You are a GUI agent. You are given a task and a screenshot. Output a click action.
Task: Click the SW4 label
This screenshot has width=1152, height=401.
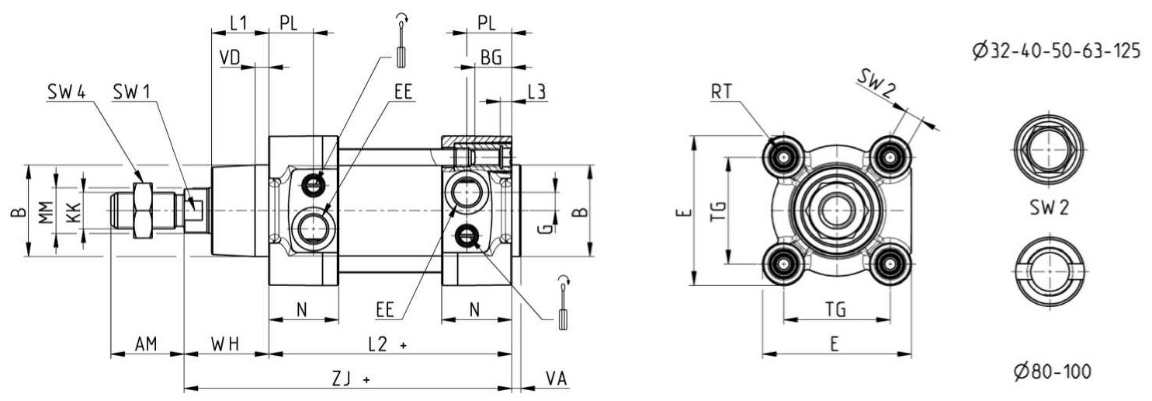pyautogui.click(x=66, y=92)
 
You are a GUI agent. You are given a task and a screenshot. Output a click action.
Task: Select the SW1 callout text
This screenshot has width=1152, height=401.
pyautogui.click(x=131, y=92)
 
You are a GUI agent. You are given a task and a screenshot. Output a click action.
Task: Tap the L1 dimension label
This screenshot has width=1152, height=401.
pyautogui.click(x=238, y=23)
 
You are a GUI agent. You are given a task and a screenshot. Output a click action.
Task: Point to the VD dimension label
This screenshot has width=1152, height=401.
pyautogui.click(x=230, y=58)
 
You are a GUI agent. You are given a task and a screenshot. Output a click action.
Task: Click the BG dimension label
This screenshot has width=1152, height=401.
pyautogui.click(x=491, y=58)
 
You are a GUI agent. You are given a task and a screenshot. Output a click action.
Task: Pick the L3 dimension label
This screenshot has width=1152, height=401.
pyautogui.click(x=537, y=92)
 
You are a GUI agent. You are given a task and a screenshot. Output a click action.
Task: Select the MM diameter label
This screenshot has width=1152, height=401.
pyautogui.click(x=47, y=211)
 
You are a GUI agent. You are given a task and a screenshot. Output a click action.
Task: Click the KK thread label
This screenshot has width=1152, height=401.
pyautogui.click(x=74, y=212)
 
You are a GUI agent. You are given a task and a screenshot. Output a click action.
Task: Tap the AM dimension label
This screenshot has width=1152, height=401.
pyautogui.click(x=146, y=343)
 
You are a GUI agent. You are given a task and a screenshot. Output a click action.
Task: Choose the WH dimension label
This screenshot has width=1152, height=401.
pyautogui.click(x=225, y=343)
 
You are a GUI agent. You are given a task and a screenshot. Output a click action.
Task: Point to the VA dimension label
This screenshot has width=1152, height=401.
pyautogui.click(x=557, y=379)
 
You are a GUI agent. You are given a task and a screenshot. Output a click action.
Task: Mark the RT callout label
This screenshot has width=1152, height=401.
pyautogui.click(x=721, y=92)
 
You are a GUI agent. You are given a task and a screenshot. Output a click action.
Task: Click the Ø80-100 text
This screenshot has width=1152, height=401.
pyautogui.click(x=1052, y=371)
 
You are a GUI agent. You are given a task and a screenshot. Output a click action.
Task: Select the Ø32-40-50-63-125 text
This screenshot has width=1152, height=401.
pyautogui.click(x=1057, y=51)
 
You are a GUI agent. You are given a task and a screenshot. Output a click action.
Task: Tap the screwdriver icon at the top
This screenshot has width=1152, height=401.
pyautogui.click(x=401, y=41)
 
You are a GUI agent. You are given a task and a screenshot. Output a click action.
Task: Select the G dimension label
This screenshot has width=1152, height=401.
pyautogui.click(x=548, y=228)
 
